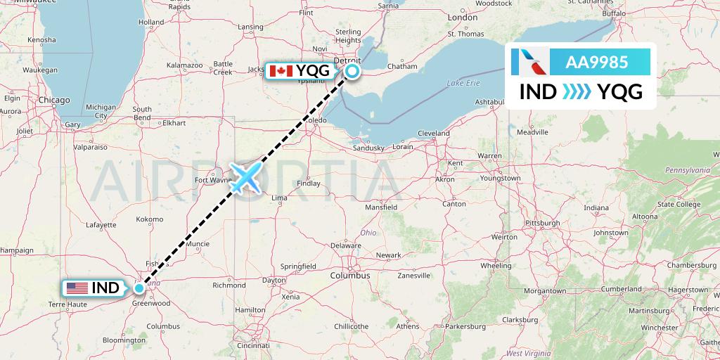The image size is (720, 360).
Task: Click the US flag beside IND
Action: [77, 288]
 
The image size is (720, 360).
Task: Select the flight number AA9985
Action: [596, 63]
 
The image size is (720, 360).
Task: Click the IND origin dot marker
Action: [139, 288]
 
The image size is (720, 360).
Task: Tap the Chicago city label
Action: [54, 101]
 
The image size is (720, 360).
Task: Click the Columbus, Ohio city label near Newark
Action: [352, 276]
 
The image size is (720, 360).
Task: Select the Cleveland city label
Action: [433, 133]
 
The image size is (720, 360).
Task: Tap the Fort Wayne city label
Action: [213, 180]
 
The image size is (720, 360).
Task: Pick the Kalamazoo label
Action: [184, 65]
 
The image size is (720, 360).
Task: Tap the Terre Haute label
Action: [67, 304]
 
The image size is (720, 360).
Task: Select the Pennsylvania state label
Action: [687, 170]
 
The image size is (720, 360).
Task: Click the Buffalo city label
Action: [614, 13]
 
